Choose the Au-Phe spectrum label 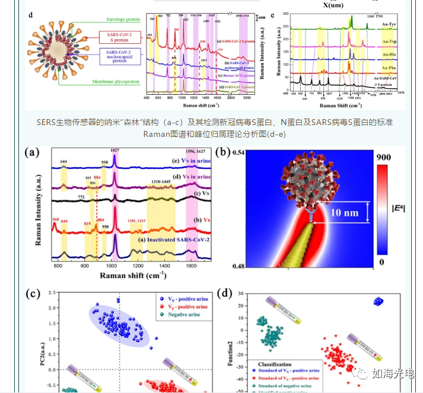390,68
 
